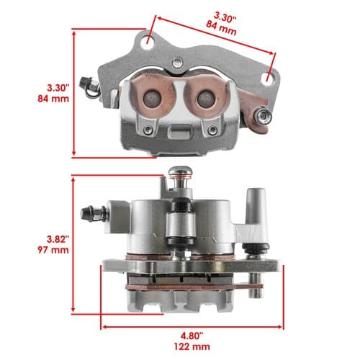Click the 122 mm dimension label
coord(192,346)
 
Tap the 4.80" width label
coord(192,336)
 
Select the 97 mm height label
coord(53,250)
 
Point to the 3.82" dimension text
coord(58,239)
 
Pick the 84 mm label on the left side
coord(53,99)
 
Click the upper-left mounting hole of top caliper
coord(149,43)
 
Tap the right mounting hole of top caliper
coord(269,78)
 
